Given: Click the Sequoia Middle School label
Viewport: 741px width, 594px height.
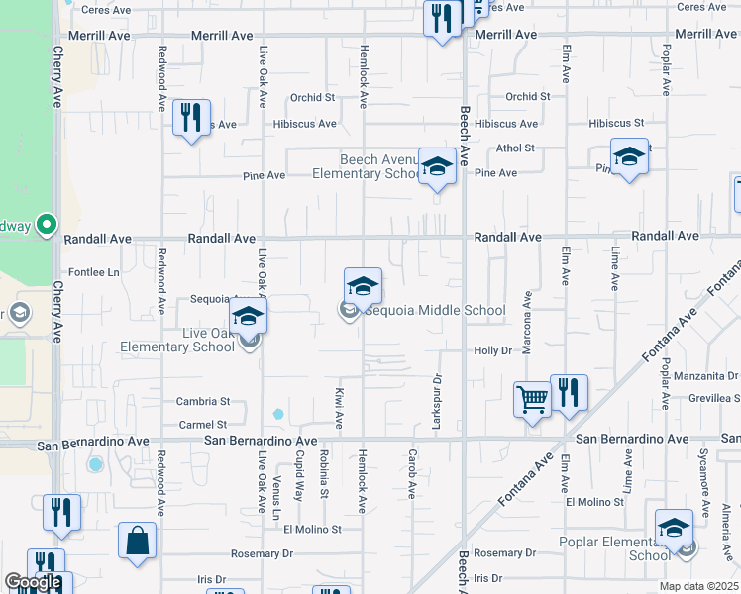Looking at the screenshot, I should [x=435, y=311].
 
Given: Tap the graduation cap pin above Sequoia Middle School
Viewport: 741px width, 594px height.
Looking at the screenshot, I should [x=364, y=287].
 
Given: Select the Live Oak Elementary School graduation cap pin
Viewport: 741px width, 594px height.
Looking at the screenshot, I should [x=248, y=317].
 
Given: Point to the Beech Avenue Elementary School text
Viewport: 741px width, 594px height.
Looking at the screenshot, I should [x=368, y=166].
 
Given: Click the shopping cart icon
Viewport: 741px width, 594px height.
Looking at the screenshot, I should [x=533, y=400].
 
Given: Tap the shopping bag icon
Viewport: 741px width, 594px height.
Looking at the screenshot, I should [x=137, y=542].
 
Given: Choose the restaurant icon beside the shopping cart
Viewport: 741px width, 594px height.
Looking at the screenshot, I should [x=569, y=392].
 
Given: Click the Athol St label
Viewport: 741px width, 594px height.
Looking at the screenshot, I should [x=515, y=148].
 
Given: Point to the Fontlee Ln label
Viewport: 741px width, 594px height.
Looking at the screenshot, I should [x=93, y=272].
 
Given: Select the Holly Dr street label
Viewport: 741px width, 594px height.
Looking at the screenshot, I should [x=492, y=350].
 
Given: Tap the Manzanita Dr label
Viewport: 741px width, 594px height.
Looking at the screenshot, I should [x=705, y=376].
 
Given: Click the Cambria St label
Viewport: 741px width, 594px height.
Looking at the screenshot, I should [x=203, y=402].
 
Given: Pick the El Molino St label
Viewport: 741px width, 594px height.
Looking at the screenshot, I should [x=312, y=530].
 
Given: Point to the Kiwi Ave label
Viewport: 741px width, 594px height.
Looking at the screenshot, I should [x=339, y=408].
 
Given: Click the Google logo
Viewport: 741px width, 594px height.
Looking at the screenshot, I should [x=33, y=582].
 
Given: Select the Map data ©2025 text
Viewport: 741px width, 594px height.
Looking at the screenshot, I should [x=698, y=586].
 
